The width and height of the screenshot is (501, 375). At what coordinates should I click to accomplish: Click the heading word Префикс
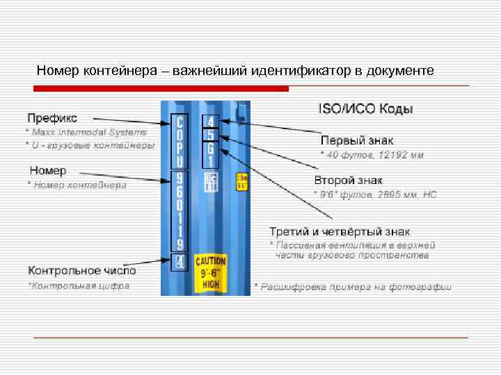point(52,117)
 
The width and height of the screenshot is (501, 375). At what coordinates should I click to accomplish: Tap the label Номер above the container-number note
point(48,171)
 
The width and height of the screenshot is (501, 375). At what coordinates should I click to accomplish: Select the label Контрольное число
point(82,269)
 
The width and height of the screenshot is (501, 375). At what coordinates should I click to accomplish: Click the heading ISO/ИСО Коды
point(365,109)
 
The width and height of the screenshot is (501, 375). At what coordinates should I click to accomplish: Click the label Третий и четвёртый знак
point(340,231)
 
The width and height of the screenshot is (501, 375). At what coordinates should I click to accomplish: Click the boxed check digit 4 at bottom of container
point(180,262)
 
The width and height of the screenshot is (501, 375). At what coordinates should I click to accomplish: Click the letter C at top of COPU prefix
point(180,123)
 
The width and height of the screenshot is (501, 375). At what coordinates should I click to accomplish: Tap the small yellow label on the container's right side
point(241,181)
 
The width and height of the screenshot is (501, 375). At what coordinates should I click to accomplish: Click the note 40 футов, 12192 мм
point(372,154)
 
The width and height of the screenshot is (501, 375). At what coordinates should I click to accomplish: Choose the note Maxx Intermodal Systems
point(87,131)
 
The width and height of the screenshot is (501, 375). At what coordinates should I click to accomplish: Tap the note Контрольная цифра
point(78,285)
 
